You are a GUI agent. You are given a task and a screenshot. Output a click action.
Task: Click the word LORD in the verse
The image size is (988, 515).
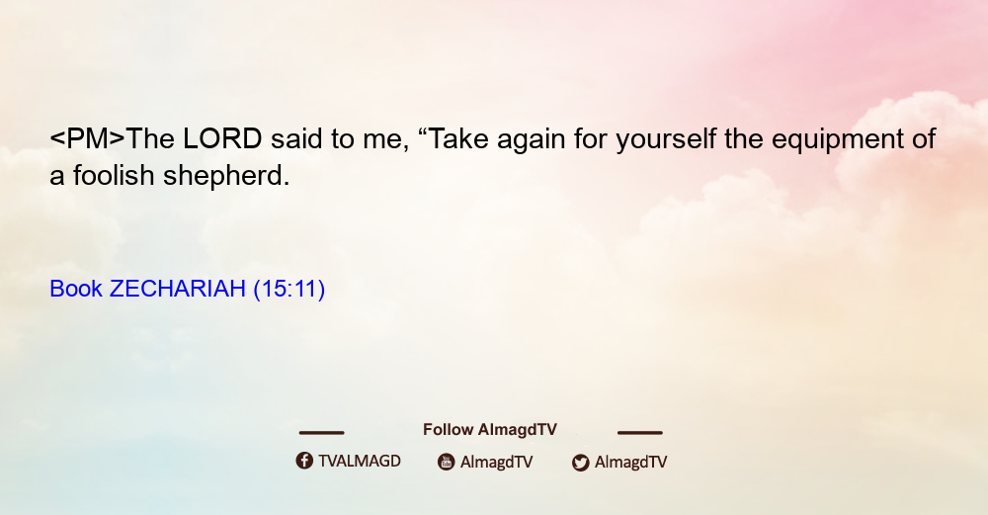pos(222,138)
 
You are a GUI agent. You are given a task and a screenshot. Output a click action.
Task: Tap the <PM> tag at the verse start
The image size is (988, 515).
pos(88,138)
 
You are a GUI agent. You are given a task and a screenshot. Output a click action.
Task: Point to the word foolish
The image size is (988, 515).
pos(114,175)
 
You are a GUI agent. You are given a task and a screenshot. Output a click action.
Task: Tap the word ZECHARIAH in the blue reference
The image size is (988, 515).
pos(178,289)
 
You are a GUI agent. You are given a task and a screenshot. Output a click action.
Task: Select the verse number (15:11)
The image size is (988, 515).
pos(289,290)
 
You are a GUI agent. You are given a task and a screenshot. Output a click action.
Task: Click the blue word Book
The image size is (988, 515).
pos(76,289)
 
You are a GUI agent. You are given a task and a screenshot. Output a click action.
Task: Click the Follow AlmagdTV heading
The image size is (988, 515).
pos(490,430)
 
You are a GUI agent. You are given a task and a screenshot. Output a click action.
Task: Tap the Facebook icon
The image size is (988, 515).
pos(304,461)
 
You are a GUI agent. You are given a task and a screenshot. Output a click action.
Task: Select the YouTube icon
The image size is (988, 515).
pos(447,462)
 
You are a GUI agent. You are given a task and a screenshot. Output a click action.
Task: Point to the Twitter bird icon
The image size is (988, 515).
pos(580,463)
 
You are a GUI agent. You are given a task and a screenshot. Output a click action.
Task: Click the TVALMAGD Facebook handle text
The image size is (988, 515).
pos(360,462)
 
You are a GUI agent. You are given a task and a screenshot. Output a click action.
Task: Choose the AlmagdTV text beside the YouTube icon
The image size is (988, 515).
pos(497,462)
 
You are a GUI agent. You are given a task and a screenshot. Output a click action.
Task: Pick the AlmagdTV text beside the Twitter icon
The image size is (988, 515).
pos(630,462)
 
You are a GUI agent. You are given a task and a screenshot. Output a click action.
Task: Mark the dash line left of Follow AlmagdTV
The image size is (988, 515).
pos(321,433)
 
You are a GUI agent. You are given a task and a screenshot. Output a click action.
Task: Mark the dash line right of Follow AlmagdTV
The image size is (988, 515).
pos(640,433)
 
